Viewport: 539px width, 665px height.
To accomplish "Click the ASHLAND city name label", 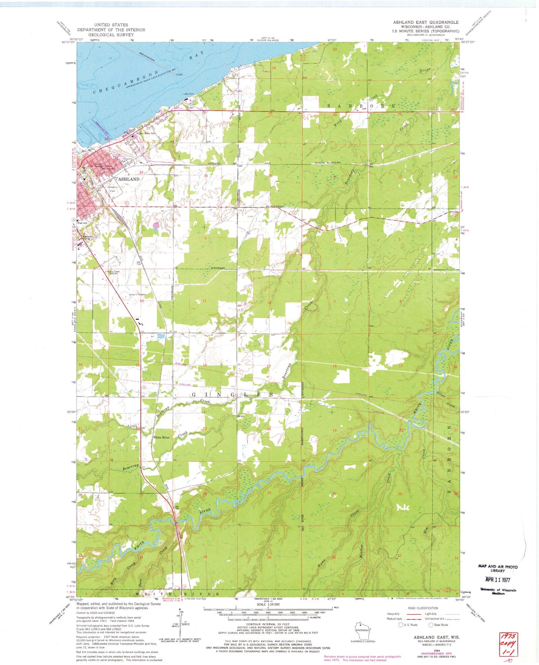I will click(x=129, y=179).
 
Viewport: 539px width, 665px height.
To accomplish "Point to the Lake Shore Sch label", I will click(x=147, y=133).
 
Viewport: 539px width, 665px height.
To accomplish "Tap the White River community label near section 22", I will click(x=162, y=437).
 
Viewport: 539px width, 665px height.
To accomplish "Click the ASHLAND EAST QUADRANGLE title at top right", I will click(x=426, y=22).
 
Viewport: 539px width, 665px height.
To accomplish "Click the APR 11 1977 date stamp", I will click(x=498, y=580).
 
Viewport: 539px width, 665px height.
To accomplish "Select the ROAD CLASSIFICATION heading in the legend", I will click(x=423, y=608).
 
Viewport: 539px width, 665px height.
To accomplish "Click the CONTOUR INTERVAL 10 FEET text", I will click(x=268, y=624).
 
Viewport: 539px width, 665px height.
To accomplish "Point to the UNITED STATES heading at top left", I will click(x=111, y=25).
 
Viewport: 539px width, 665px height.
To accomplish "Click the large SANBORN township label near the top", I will click(x=361, y=106).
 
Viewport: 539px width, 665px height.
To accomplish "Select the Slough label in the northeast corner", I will click(x=425, y=70).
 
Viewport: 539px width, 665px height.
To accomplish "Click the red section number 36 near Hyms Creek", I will click(x=269, y=557).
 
